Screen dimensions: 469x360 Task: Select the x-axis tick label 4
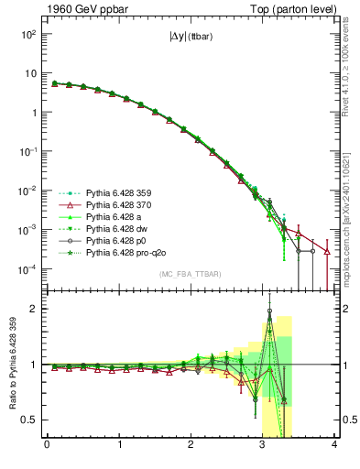pos(335,446)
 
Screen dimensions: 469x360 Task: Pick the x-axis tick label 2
pos(191,446)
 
